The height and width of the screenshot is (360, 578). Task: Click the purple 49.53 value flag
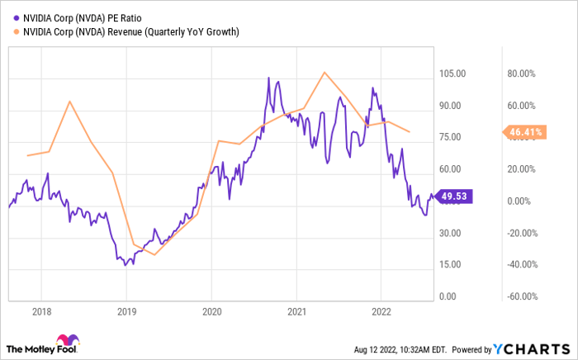coord(453,197)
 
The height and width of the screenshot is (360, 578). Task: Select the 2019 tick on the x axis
coord(126,312)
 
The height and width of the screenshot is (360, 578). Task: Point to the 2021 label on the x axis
coord(297,312)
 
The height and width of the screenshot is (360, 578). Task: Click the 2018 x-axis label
coord(40,312)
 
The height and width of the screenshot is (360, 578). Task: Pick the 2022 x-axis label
coord(382,312)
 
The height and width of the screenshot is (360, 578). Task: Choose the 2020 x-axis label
coord(211,312)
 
